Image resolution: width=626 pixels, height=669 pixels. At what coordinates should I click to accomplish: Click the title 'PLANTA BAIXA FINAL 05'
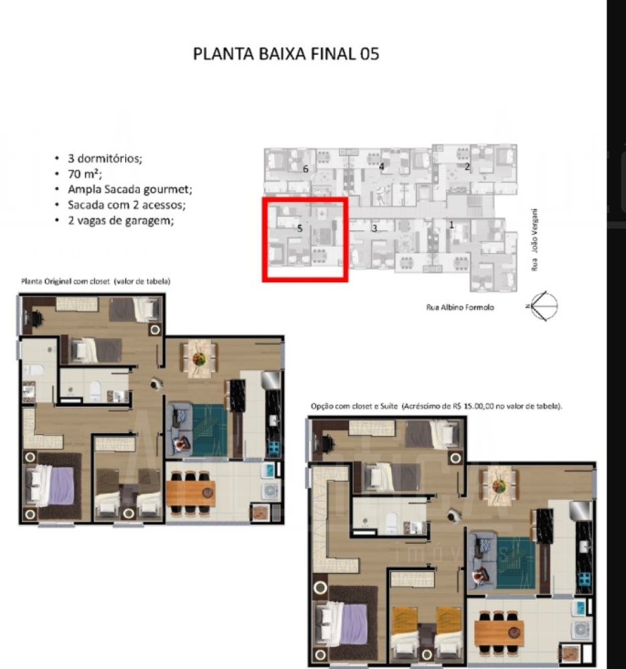pyautogui.click(x=286, y=54)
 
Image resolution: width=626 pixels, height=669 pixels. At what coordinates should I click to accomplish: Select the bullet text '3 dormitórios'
pyautogui.click(x=105, y=159)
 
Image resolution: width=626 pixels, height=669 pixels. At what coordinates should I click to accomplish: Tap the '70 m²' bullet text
pyautogui.click(x=85, y=174)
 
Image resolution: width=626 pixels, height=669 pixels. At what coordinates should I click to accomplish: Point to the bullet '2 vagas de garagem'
pyautogui.click(x=120, y=221)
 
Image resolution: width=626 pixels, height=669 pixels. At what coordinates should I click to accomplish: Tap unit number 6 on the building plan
pyautogui.click(x=306, y=169)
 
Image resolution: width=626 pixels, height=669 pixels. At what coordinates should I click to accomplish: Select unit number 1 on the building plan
pyautogui.click(x=451, y=224)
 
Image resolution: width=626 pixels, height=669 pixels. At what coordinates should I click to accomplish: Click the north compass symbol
pyautogui.click(x=542, y=306)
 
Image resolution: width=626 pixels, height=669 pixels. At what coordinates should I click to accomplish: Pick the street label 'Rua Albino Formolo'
pyautogui.click(x=460, y=307)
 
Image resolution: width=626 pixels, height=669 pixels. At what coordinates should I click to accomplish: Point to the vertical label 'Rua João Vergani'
pyautogui.click(x=534, y=240)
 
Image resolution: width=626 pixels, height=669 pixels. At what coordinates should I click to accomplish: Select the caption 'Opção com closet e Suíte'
pyautogui.click(x=354, y=406)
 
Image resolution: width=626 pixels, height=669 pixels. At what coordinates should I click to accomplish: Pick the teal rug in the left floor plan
pyautogui.click(x=209, y=430)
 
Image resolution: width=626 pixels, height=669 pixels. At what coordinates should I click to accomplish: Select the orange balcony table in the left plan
pyautogui.click(x=191, y=493)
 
